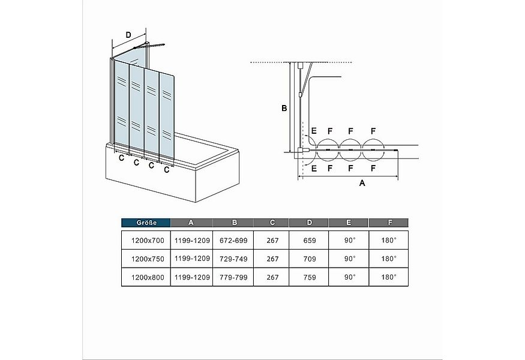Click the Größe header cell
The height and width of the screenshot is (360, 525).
146,223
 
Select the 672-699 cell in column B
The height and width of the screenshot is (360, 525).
233,241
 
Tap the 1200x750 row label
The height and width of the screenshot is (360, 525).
148,259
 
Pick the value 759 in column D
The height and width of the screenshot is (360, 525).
310,277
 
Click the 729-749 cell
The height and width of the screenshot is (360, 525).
233,259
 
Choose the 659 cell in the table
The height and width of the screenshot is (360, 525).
310,241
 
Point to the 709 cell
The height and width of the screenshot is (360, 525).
310,259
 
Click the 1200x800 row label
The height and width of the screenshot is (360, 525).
148,277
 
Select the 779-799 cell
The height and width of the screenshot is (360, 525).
233,277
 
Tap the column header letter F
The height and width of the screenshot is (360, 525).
390,223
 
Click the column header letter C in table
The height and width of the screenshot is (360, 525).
272,223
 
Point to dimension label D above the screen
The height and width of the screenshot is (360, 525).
128,35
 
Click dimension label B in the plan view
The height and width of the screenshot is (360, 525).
284,108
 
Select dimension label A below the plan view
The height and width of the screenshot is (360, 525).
362,183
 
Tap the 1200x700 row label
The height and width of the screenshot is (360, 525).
148,241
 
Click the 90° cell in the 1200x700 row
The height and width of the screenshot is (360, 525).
350,241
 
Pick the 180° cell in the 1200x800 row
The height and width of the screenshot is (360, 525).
389,277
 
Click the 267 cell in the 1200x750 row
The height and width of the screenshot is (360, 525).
272,259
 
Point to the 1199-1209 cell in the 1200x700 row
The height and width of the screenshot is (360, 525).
192,241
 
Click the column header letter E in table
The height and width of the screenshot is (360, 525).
349,223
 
